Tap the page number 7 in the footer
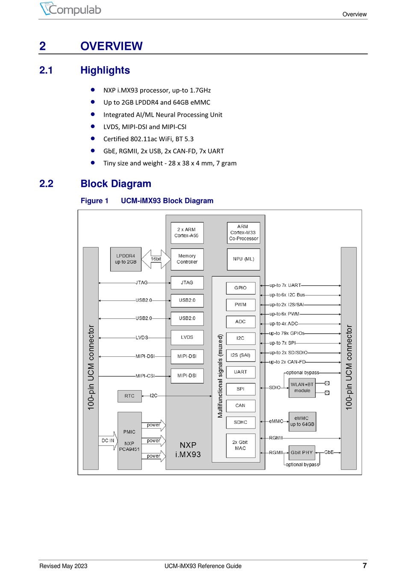coord(365,565)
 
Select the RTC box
coord(129,396)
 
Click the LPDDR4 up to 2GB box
coord(126,259)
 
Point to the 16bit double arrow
coord(156,259)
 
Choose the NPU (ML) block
coord(244,259)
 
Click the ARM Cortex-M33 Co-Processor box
coord(244,232)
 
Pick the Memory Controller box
coord(187,259)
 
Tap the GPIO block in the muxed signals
coord(241,288)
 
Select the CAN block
coord(241,406)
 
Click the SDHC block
coord(241,422)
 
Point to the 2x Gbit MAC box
coord(240,445)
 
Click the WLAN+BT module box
coord(302,388)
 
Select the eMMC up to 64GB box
coord(302,421)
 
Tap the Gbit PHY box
coord(302,453)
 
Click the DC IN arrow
coord(109,441)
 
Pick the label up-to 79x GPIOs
coord(287,333)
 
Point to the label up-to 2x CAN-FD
coord(287,362)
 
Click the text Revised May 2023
coord(63,566)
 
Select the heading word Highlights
coord(105,70)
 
